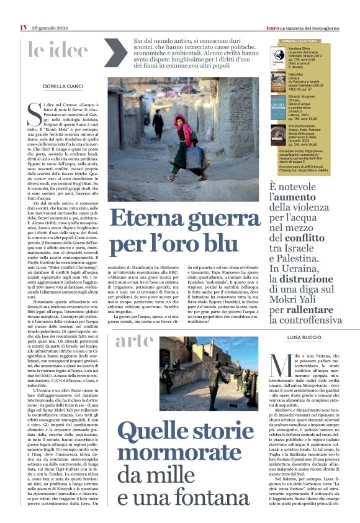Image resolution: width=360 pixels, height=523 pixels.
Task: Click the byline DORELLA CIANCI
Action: (x=63, y=86)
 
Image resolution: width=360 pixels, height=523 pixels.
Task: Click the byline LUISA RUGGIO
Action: (x=302, y=337)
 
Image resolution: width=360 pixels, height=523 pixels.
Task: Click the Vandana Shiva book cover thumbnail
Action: (x=277, y=57)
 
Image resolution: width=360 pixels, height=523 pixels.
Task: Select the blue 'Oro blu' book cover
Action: (x=277, y=106)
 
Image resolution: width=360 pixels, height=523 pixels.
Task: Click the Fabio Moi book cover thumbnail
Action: (x=277, y=80)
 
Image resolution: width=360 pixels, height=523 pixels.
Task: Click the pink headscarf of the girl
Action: (x=178, y=120)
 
